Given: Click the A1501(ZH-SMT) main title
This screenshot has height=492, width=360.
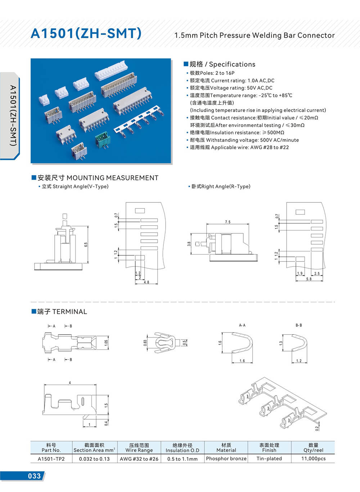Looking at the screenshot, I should coord(86,33).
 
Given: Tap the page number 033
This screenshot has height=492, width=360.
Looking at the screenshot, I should coord(34,476).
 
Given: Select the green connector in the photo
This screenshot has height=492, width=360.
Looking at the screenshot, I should coord(103,140).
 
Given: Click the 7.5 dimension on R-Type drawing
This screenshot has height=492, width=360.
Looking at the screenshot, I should coord(228,222).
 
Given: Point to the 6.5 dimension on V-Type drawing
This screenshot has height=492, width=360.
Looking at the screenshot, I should coord(86,244).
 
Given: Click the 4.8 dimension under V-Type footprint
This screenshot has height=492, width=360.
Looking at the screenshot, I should coord(146,282).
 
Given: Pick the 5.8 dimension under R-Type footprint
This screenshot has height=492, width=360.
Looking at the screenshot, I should coord(309,279).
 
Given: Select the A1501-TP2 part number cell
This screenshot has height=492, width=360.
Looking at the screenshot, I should coord(51,459).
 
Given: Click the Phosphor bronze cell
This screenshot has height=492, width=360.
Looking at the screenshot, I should coord(226,459).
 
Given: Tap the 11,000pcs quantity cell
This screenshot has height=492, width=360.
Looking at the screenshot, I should coord(313,459).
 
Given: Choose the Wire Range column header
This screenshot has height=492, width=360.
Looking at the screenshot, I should coord(139,447).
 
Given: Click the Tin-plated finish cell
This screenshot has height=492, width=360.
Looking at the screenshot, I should coord(269,459).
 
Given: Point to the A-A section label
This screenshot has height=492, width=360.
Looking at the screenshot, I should coord(242,325).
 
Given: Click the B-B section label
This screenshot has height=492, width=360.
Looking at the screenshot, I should coord(298,325).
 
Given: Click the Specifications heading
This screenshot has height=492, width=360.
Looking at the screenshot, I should coord(222,64).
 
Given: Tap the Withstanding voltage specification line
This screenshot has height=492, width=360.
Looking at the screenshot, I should coord(244,140).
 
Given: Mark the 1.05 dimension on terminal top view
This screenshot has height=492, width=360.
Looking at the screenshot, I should coord(106,343).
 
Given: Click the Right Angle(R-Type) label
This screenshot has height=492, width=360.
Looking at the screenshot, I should coord(221,186).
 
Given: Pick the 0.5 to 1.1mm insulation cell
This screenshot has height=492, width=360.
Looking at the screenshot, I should coord(183,459).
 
